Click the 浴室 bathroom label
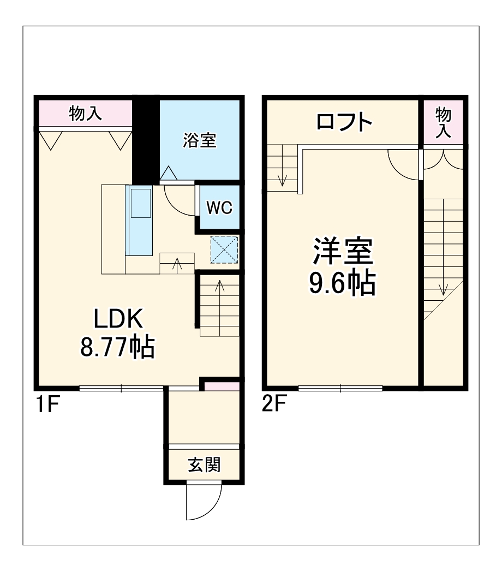[x=200, y=141]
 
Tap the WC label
[x=219, y=207]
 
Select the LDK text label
[x=118, y=319]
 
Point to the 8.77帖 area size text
[x=118, y=347]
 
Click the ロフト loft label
[x=344, y=122]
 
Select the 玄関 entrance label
[x=204, y=465]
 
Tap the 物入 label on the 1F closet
[x=85, y=114]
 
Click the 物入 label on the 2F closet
[x=443, y=122]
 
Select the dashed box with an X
[x=224, y=249]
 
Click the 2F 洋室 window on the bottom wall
[x=340, y=388]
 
